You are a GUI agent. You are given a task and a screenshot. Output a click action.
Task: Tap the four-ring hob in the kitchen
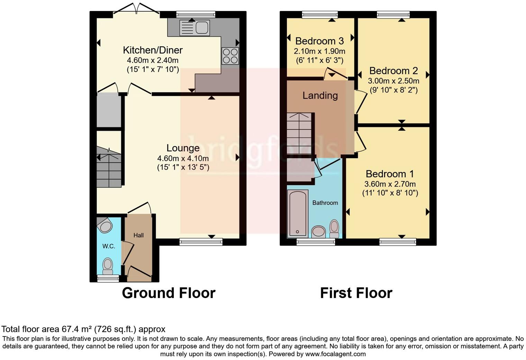click(x=230, y=56)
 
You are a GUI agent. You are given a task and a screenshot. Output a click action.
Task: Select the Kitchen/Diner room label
click(x=153, y=50)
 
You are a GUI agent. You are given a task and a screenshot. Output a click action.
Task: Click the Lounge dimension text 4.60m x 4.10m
click(x=183, y=159)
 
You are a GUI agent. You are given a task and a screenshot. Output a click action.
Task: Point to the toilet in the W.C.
click(x=108, y=266)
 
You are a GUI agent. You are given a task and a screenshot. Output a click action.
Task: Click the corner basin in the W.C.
click(x=105, y=226)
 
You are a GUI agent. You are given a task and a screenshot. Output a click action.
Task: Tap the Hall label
click(x=138, y=235)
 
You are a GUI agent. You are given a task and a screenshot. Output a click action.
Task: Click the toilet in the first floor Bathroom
click(x=334, y=228)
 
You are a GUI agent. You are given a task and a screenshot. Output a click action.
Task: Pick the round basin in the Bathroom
click(x=319, y=232)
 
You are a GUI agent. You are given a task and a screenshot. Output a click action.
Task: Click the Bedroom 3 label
click(x=319, y=41)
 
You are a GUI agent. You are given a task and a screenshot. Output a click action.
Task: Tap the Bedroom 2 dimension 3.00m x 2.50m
click(x=393, y=81)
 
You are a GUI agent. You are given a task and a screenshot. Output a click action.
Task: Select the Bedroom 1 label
click(x=390, y=174)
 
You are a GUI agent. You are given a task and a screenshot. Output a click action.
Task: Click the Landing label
click(x=320, y=96)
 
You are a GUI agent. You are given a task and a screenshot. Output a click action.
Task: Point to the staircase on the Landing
click(x=299, y=133)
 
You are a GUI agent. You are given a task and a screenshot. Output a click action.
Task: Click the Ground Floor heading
click(x=169, y=293)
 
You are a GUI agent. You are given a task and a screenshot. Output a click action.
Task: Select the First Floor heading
click(x=356, y=293)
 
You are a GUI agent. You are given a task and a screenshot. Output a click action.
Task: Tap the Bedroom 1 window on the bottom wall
click(x=398, y=242)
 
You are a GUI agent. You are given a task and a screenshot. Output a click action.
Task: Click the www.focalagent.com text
click(x=335, y=354)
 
